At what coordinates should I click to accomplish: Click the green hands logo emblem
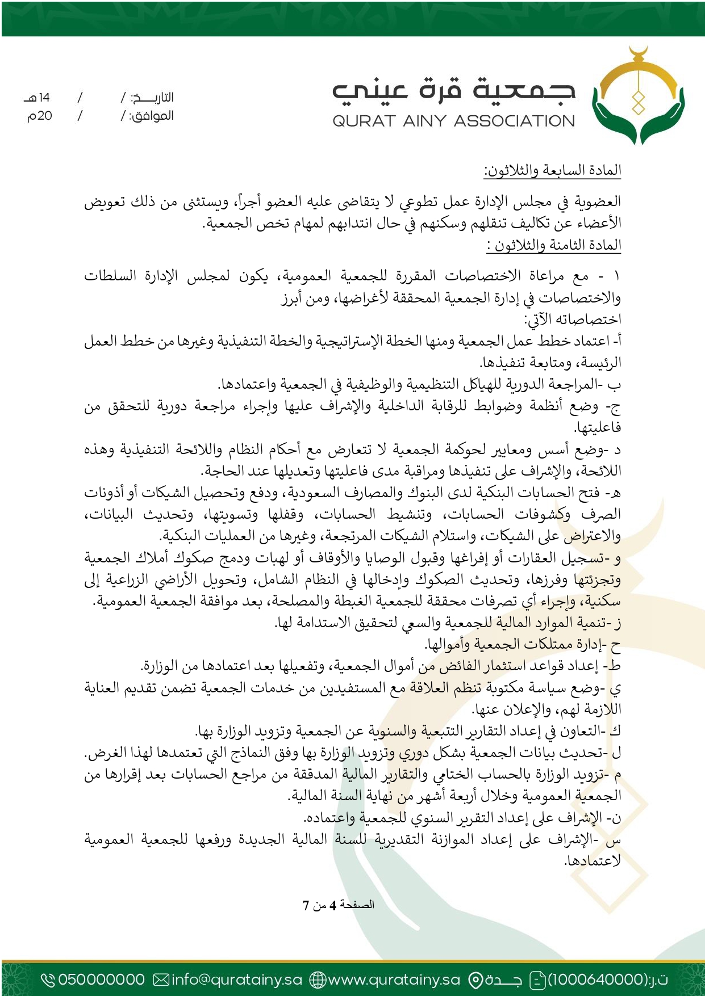point(639,96)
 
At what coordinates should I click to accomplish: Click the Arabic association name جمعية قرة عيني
point(454,90)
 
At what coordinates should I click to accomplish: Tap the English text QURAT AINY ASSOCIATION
point(454,121)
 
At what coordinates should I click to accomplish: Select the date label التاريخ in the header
point(152,98)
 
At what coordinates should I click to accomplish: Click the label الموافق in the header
point(152,116)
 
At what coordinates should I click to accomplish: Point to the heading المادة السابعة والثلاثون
point(553,170)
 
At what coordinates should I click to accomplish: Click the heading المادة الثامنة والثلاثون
point(554,245)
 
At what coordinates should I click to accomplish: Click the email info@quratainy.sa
point(236,980)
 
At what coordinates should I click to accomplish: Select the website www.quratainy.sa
point(394,980)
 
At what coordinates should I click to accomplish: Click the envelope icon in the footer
point(162,980)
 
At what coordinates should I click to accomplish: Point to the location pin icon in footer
point(475,980)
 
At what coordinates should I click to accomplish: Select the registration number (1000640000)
point(596,980)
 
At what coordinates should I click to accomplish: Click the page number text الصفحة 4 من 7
point(339,905)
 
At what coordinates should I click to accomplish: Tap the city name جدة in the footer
point(503,980)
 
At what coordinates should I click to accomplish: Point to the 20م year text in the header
point(40,116)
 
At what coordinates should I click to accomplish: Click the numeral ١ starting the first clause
point(617,276)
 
